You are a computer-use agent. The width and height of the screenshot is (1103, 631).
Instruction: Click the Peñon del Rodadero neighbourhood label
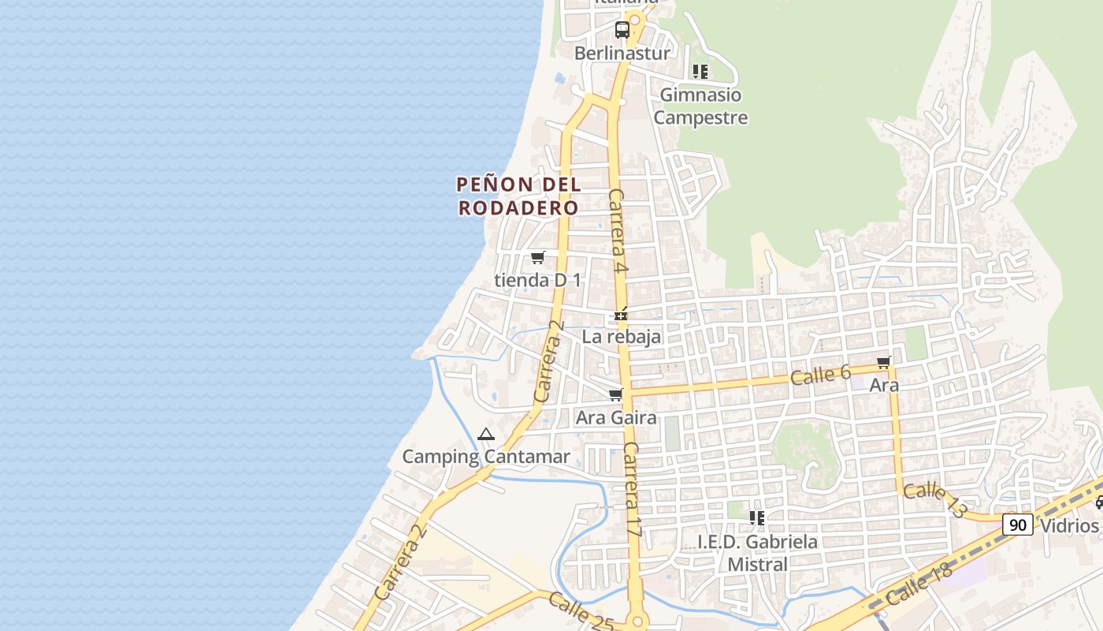point(519,196)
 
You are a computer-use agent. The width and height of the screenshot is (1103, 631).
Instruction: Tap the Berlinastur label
point(622,54)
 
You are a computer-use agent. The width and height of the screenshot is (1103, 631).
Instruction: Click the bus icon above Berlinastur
point(622,30)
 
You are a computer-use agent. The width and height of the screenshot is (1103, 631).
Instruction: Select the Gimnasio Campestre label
point(700,106)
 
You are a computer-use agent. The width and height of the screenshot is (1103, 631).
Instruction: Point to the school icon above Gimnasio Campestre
point(700,72)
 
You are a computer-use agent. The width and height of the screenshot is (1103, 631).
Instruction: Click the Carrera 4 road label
point(618,231)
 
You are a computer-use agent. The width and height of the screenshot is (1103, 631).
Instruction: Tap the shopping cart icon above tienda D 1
point(538,258)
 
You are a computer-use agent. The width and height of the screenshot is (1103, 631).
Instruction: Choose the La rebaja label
point(622,337)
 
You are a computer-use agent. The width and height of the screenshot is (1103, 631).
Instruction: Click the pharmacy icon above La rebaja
point(622,315)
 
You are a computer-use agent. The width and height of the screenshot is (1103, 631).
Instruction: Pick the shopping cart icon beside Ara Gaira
point(616,394)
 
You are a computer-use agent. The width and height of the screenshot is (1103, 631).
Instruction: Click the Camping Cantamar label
point(486,457)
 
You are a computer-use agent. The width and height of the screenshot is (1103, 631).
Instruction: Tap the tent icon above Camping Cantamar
point(486,435)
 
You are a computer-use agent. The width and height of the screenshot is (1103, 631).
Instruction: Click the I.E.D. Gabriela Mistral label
point(757,553)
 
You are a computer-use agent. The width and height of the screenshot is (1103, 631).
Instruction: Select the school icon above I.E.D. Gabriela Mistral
point(757,518)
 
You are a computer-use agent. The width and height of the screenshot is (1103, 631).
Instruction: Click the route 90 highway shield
point(1018,525)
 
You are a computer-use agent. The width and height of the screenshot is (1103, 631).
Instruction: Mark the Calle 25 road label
point(581,613)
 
